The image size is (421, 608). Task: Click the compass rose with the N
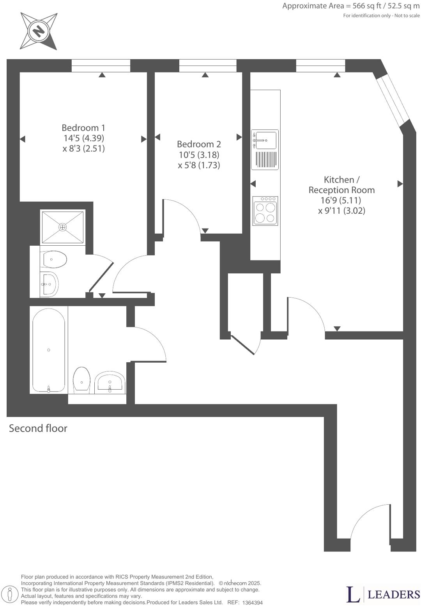39,31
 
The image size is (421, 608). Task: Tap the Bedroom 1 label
83,128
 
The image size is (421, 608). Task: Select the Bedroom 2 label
199,144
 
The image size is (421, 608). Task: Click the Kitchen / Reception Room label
341,185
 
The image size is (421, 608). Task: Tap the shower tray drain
63,227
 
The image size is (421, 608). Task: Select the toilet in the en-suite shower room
55,259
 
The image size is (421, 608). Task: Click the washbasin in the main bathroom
110,381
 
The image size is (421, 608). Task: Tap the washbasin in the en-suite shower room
50,284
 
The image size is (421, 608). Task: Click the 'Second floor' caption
38,428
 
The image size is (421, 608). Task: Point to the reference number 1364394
253,603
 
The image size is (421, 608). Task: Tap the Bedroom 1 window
101,66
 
